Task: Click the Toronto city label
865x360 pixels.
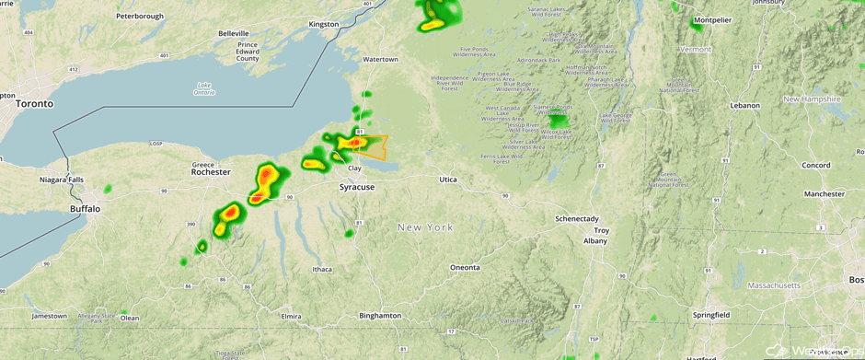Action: [34, 104]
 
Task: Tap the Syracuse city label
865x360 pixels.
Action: [357, 187]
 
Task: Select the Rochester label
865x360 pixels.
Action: [211, 172]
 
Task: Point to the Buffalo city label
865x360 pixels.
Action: [85, 209]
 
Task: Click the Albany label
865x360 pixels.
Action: [595, 240]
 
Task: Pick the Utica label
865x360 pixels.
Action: [447, 180]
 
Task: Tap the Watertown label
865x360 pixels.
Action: [380, 59]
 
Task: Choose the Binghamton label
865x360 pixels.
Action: [380, 315]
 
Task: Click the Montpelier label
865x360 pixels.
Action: [712, 19]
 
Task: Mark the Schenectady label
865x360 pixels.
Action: [577, 218]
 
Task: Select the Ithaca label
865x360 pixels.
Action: [321, 269]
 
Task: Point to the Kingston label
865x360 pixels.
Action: [324, 24]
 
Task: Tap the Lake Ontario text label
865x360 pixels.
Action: [203, 88]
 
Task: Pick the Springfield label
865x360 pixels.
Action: [710, 315]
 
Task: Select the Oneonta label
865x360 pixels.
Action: [465, 267]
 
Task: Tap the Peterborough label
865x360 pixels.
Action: [140, 16]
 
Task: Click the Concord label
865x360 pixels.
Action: [815, 166]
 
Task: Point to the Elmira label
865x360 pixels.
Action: [290, 316]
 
